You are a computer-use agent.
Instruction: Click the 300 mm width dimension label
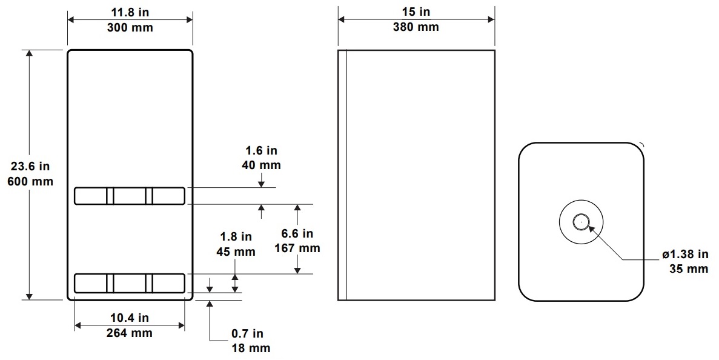(130, 28)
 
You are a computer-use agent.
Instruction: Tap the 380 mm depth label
(416, 27)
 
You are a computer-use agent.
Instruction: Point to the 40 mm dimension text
(261, 165)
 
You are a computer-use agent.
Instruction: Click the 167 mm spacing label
(297, 247)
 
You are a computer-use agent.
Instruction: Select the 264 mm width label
(130, 332)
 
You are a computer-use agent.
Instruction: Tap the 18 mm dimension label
(251, 348)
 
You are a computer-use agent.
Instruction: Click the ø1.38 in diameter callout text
(684, 254)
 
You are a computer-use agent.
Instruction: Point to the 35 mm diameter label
(688, 268)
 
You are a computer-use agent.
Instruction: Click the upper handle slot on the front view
(129, 196)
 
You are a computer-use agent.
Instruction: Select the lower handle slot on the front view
(129, 283)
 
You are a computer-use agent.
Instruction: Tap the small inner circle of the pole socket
(581, 222)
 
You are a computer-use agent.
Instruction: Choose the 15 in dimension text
(416, 12)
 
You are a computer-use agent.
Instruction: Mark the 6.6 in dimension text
(297, 233)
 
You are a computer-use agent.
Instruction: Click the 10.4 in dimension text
(130, 318)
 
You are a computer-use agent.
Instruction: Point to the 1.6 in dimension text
(261, 150)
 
